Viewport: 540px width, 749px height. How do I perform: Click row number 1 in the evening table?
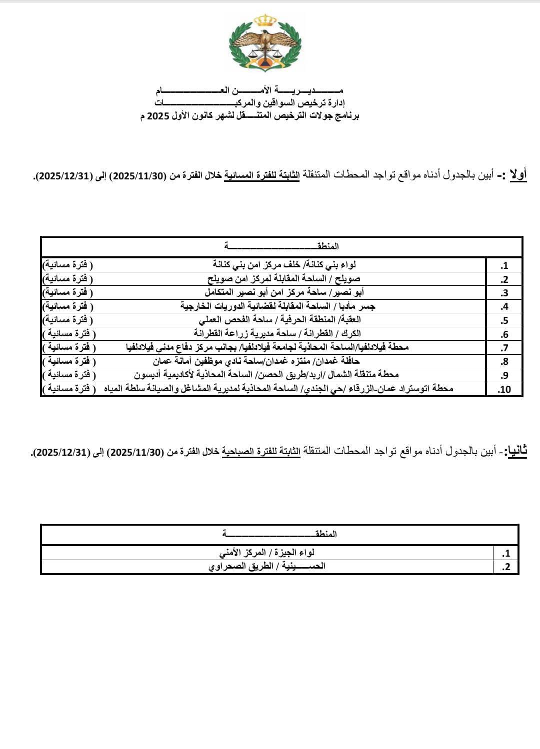point(504,265)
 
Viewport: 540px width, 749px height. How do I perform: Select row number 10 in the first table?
point(504,389)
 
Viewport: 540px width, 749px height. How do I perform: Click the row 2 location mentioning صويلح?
point(283,278)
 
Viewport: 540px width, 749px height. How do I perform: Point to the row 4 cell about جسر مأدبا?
point(278,306)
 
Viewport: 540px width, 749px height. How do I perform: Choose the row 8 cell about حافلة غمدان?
point(256,361)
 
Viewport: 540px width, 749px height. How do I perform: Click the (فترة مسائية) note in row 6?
point(69,333)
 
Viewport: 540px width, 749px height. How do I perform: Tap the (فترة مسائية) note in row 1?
point(67,264)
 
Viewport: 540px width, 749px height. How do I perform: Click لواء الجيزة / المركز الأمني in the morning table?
point(267,553)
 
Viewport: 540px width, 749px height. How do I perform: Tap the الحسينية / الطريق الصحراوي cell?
point(266,566)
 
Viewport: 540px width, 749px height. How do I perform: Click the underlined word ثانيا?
point(516,452)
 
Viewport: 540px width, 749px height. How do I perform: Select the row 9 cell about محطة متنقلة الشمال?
point(266,374)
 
